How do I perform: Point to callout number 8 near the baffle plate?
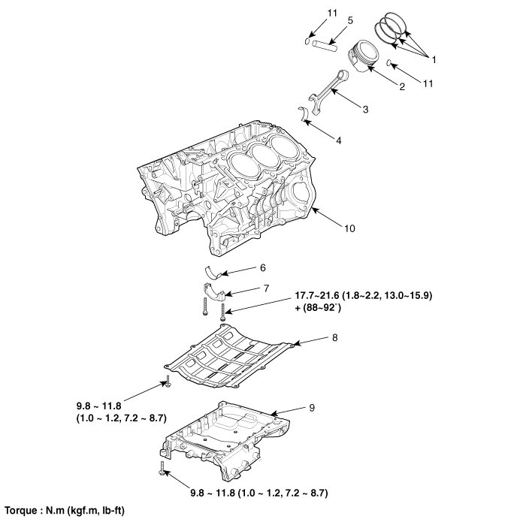coord(334,339)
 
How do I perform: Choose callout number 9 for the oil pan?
coord(311,407)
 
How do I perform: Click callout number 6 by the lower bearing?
coord(262,267)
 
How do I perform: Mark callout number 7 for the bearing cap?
coord(266,288)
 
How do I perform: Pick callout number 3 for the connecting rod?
coord(364,110)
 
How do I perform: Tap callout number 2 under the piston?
coord(401,87)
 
